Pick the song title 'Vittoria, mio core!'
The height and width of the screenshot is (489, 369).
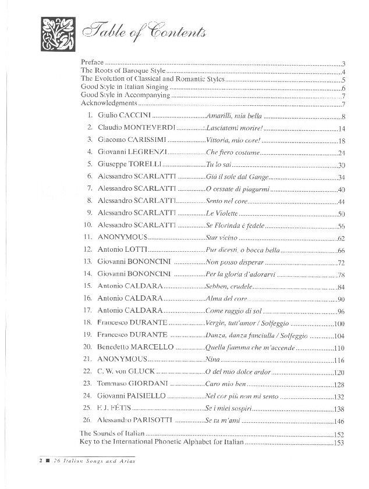pyautogui.click(x=232, y=140)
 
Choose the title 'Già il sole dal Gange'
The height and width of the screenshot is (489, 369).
pyautogui.click(x=236, y=176)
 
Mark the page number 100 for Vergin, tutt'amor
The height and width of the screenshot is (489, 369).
pyautogui.click(x=340, y=323)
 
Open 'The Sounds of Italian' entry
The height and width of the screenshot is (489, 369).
pyautogui.click(x=111, y=433)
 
